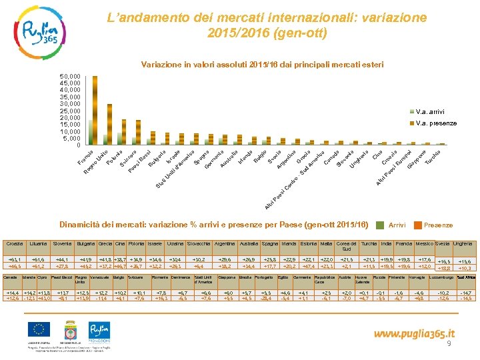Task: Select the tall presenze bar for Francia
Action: tap(95, 110)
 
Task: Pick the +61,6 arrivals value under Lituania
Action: tap(38, 259)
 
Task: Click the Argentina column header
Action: tap(225, 245)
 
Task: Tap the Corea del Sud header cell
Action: tap(346, 247)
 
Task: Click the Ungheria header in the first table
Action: tap(463, 244)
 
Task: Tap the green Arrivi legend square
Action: tap(381, 225)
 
